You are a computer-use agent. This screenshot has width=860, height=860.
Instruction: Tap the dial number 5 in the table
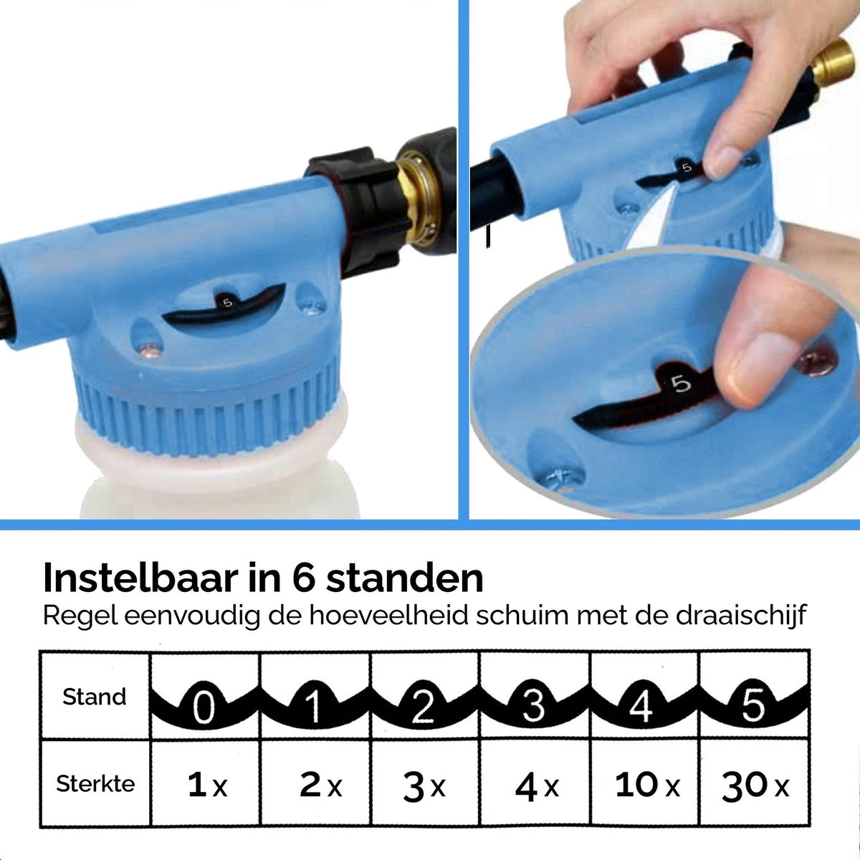tap(753, 705)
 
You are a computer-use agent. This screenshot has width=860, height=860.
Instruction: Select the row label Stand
tap(95, 697)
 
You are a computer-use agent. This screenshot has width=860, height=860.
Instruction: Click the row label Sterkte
tap(95, 783)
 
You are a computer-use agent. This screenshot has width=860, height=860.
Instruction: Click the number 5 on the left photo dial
tap(228, 302)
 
